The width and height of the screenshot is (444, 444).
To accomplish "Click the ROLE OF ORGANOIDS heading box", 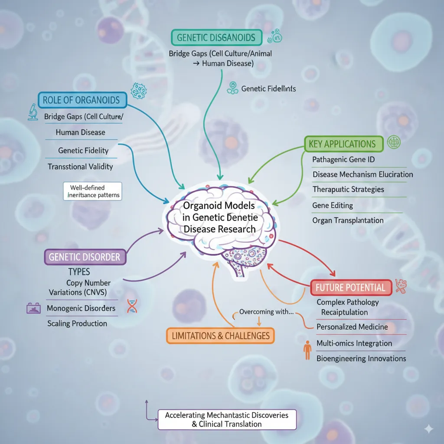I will click(82, 100).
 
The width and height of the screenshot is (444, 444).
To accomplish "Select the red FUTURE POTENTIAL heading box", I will click(351, 287).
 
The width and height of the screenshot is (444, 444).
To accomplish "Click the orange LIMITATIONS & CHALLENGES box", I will click(220, 335).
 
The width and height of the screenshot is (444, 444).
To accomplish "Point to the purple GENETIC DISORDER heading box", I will click(85, 257).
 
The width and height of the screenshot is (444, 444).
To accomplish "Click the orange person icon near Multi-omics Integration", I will click(307, 350).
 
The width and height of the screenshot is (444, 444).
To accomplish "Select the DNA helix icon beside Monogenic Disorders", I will click(132, 307).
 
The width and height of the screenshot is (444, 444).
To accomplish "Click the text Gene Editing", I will click(333, 205).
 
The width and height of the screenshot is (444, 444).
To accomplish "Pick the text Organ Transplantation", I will click(348, 220).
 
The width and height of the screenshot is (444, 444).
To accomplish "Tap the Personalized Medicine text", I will click(352, 327).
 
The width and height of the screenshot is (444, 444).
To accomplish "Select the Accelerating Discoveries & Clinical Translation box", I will click(226, 419).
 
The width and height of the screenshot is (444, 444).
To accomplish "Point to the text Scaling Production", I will click(77, 323).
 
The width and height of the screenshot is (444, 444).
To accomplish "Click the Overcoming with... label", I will click(266, 312).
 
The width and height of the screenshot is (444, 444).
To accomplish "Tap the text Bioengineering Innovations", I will click(361, 359).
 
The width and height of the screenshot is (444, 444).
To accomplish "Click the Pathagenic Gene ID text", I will click(343, 160).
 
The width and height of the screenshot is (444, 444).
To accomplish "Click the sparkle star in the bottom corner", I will click(428, 429).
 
